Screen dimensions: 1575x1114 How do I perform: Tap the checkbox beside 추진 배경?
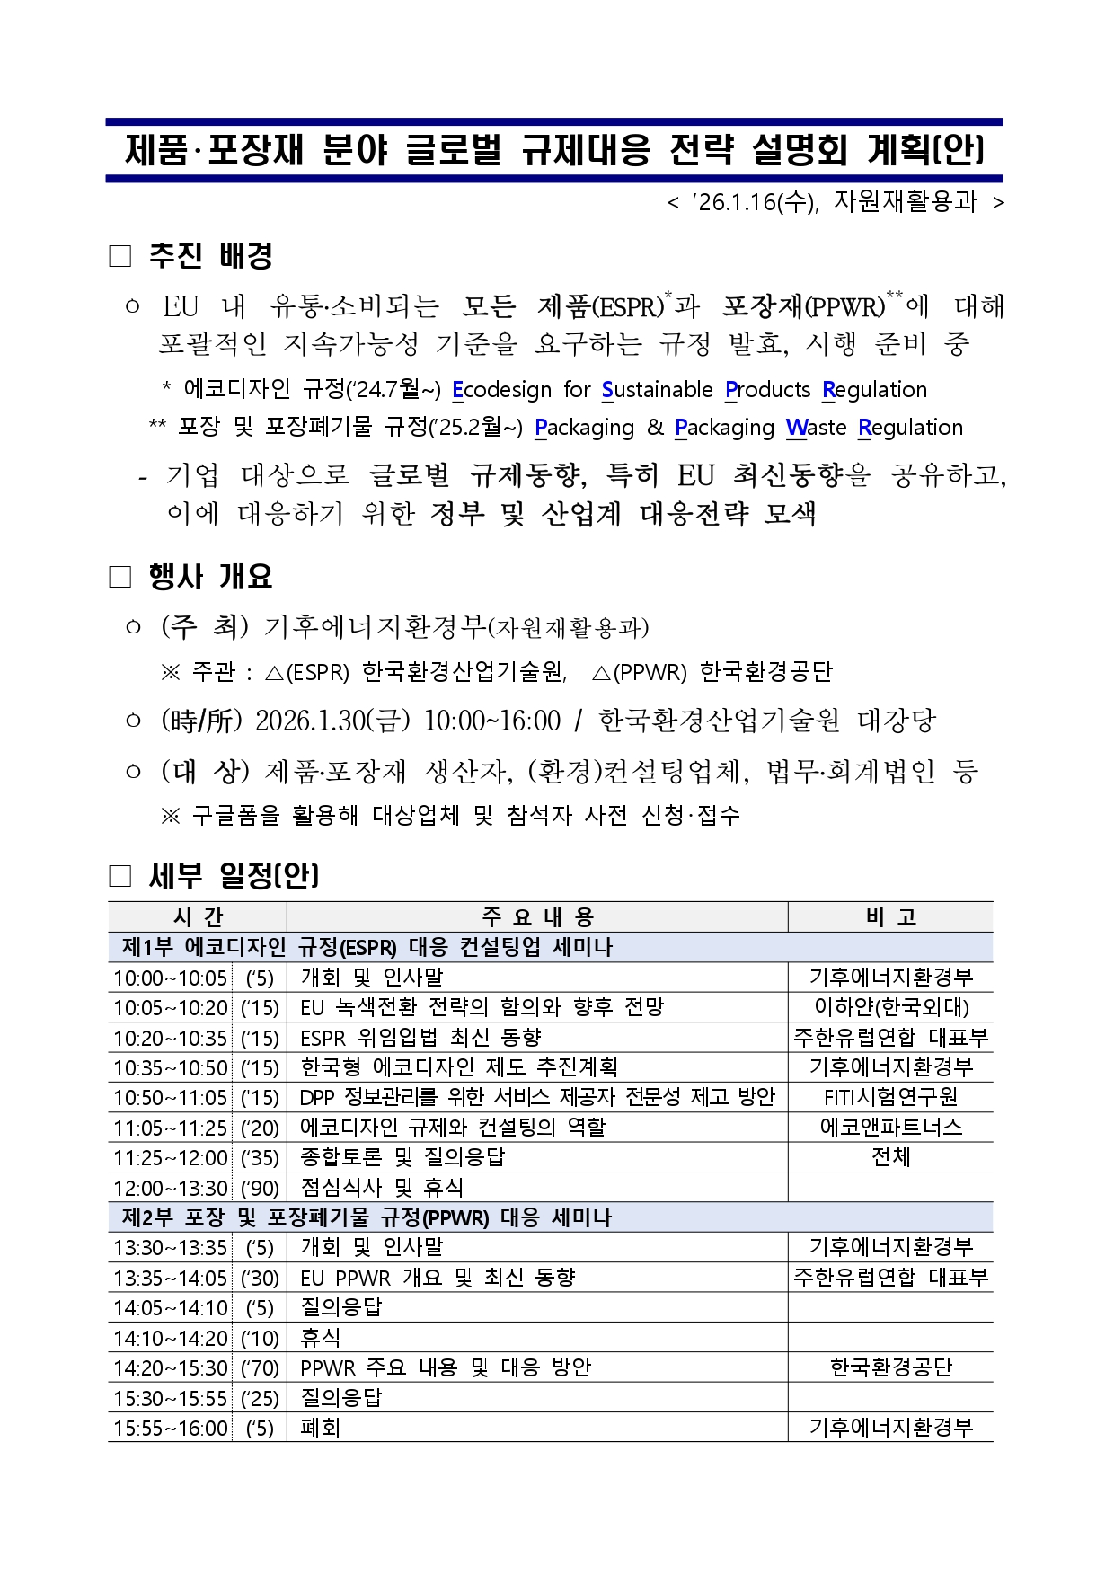120,257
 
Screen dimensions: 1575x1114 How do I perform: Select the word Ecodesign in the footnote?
502,390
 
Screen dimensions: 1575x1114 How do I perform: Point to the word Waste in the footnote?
817,428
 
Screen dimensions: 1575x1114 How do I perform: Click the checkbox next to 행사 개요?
120,577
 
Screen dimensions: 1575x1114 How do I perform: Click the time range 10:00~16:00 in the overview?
491,721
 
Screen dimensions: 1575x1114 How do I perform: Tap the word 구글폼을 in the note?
236,816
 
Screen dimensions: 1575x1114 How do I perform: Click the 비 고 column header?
890,917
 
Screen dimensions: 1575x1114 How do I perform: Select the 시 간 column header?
198,917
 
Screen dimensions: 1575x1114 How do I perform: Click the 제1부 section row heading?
367,947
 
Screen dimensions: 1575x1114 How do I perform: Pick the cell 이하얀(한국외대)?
890,1007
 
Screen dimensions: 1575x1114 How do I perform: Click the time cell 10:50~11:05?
171,1098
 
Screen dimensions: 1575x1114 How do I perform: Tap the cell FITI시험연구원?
890,1098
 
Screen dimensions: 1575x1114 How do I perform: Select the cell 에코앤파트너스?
890,1128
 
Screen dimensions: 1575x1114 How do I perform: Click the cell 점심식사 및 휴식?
382,1188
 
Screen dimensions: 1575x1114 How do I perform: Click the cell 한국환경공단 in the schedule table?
890,1368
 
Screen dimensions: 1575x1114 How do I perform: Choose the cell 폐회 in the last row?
321,1429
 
